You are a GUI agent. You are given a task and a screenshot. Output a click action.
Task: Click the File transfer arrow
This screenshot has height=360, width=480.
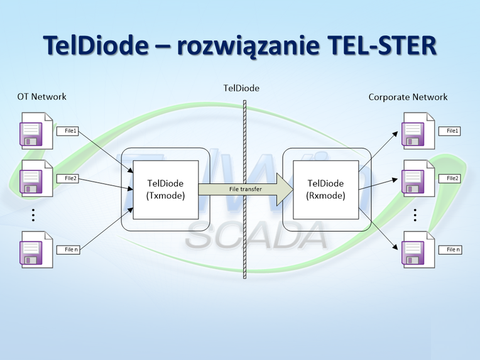pyautogui.click(x=246, y=188)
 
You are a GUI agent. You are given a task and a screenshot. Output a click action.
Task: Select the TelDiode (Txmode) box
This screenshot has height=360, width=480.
pyautogui.click(x=165, y=189)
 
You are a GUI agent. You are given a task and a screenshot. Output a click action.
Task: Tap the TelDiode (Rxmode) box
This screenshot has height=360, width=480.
pyautogui.click(x=325, y=189)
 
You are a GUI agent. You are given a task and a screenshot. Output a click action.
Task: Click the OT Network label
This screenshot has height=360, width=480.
pyautogui.click(x=42, y=97)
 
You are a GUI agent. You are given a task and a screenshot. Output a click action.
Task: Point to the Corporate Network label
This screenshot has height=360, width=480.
pyautogui.click(x=408, y=97)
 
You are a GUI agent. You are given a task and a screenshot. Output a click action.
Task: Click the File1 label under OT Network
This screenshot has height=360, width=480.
pyautogui.click(x=71, y=131)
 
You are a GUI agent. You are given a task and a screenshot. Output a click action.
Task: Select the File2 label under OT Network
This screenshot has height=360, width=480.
pyautogui.click(x=71, y=178)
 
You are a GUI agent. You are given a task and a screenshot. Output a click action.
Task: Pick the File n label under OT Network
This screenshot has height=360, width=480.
pyautogui.click(x=71, y=249)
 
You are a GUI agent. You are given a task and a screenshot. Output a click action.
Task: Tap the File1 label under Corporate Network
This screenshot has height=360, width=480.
pyautogui.click(x=452, y=131)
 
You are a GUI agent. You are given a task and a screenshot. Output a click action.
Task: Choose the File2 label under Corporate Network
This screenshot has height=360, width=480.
pyautogui.click(x=452, y=178)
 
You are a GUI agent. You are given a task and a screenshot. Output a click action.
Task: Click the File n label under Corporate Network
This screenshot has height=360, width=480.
pyautogui.click(x=452, y=249)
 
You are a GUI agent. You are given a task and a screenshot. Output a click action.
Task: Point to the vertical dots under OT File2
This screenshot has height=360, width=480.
pyautogui.click(x=33, y=214)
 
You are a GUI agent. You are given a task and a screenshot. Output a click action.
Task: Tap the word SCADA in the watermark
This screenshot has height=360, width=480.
pyautogui.click(x=257, y=236)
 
